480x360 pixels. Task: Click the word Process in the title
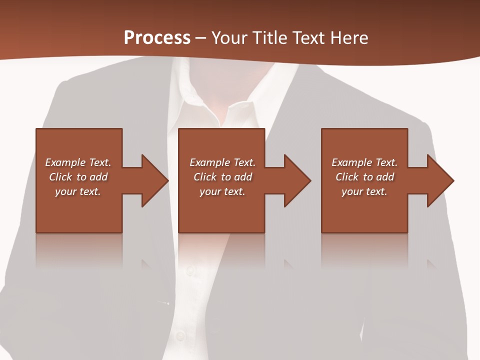pos(157,38)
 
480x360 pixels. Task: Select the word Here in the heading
pos(349,38)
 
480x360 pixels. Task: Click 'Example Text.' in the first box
pos(78,162)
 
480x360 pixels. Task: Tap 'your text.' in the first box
pos(78,191)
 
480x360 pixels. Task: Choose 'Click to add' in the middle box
pos(222,177)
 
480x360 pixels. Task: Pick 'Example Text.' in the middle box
pos(222,162)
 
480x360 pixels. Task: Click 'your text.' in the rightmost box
pos(364,191)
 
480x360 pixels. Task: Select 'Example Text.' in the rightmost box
pos(364,162)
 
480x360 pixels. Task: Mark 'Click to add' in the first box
pos(78,177)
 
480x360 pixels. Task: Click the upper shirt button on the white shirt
pos(190,270)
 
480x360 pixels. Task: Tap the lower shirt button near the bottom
pos(180,335)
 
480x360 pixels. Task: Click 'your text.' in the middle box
pos(222,191)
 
